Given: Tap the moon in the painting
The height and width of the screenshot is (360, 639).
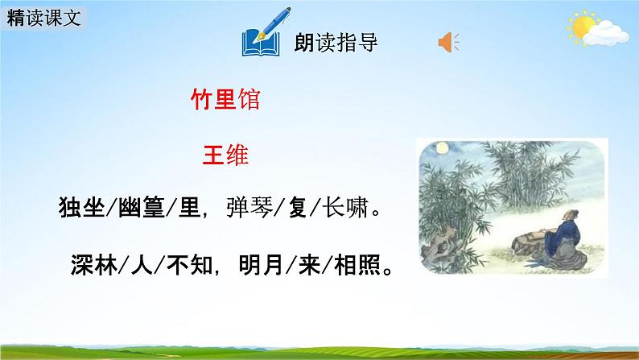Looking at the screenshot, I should pyautogui.click(x=441, y=149).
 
